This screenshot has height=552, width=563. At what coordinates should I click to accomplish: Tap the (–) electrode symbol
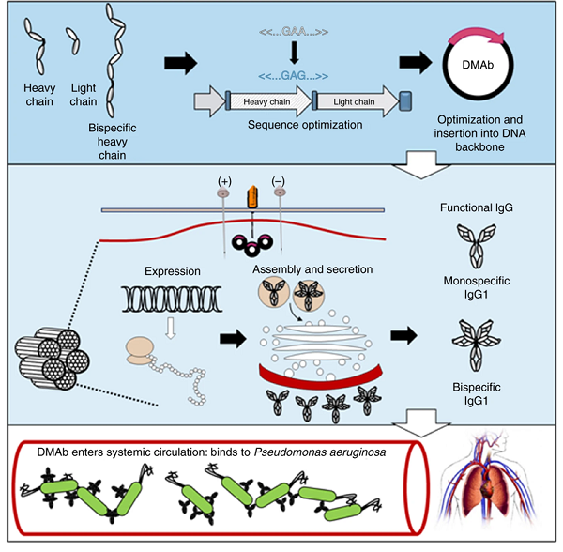279,180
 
